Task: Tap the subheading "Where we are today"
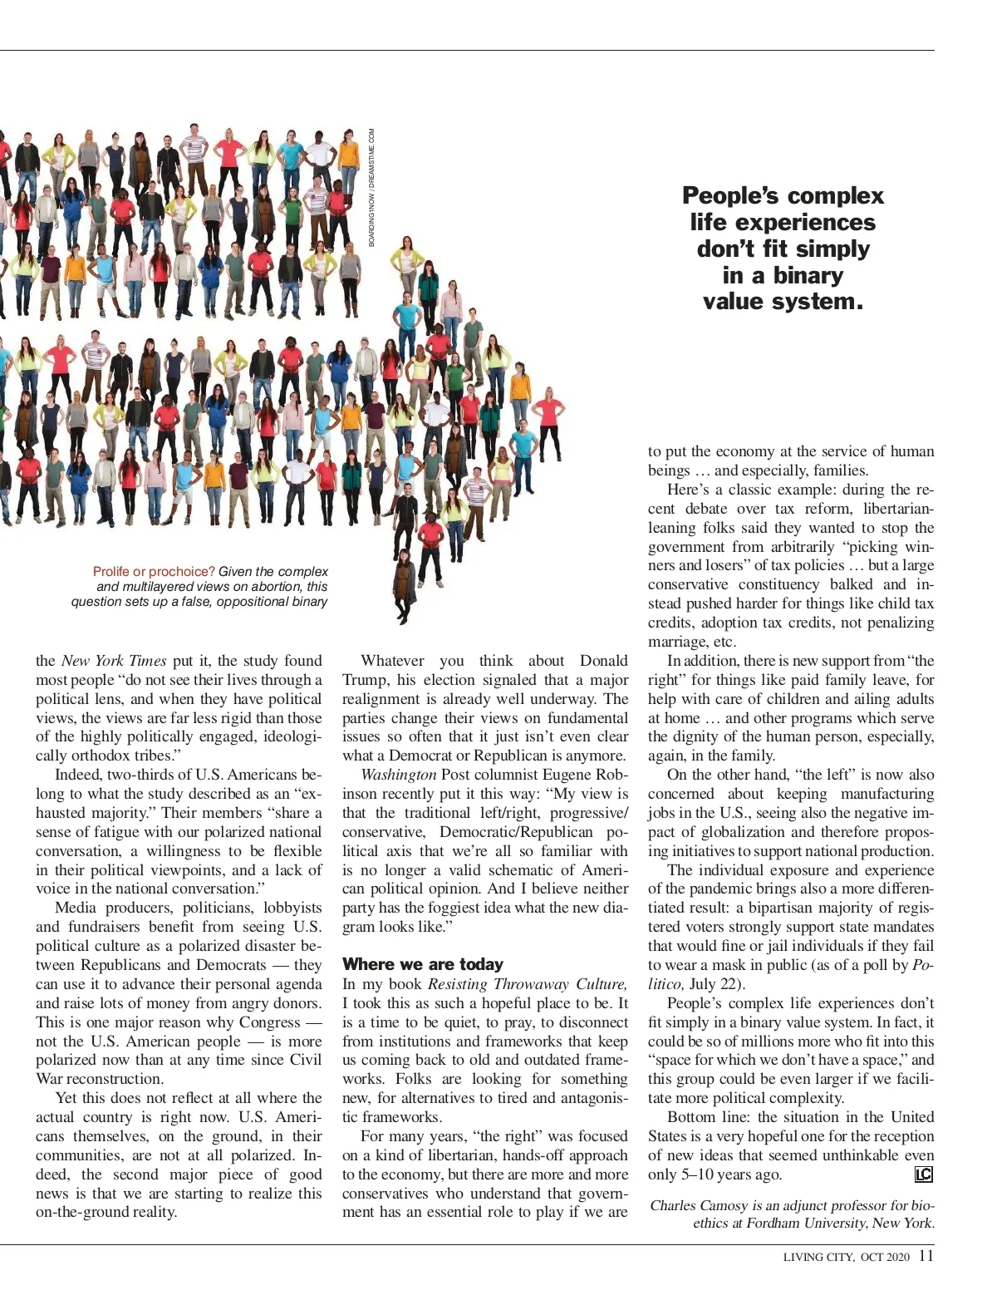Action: pos(423,964)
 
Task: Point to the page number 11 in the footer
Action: pos(926,1256)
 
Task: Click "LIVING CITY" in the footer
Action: pos(818,1258)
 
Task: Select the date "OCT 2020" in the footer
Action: pos(885,1258)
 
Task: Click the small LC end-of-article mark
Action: pos(923,1174)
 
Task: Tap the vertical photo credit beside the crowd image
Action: pos(372,187)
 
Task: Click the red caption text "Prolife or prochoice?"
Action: pos(154,572)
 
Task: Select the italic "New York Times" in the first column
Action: pos(114,661)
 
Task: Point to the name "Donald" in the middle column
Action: pos(604,661)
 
